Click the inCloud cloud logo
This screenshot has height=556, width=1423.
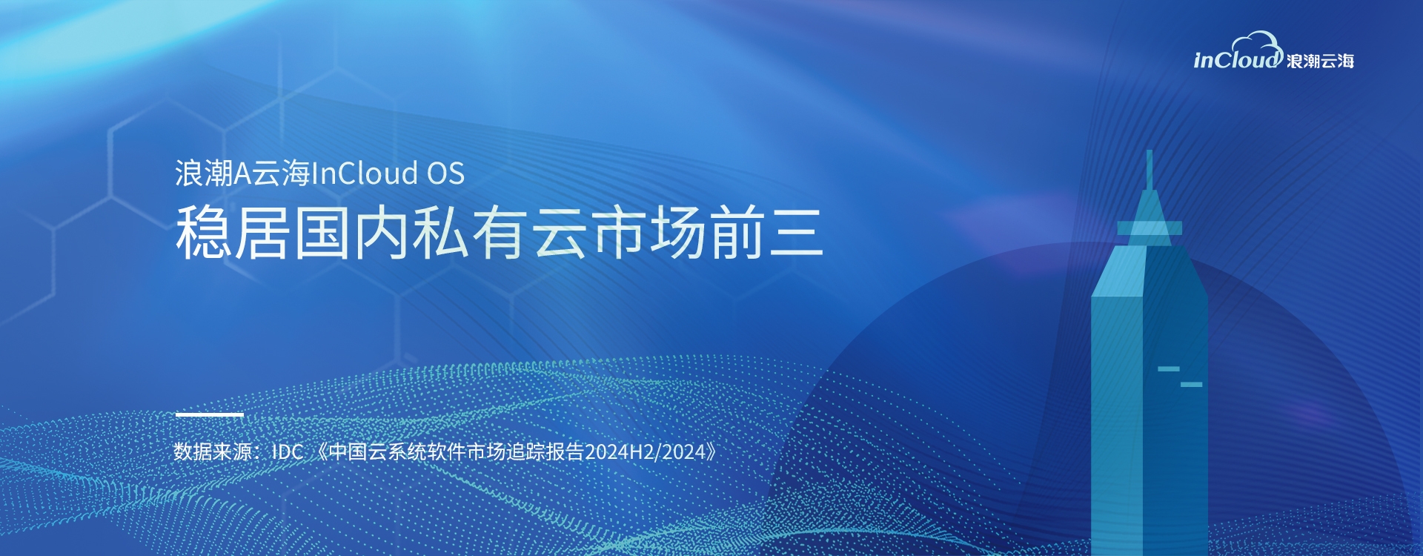coord(1238,52)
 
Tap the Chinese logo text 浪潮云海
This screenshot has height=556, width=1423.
coord(1321,61)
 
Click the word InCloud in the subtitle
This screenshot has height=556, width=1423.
coord(365,173)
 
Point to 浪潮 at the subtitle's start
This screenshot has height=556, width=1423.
coord(205,173)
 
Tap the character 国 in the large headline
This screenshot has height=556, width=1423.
coord(322,232)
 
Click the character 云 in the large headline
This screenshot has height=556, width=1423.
coord(560,232)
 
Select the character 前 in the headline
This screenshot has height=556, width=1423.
coord(737,232)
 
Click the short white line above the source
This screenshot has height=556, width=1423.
coord(210,414)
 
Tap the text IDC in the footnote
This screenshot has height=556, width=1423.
coord(288,451)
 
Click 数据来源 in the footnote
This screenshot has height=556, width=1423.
coord(213,451)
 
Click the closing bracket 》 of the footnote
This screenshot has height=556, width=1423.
coord(711,451)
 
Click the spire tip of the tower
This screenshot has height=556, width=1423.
coord(1150,151)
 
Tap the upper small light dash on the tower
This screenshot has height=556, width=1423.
coord(1169,368)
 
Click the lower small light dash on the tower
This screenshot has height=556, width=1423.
coord(1191,384)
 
